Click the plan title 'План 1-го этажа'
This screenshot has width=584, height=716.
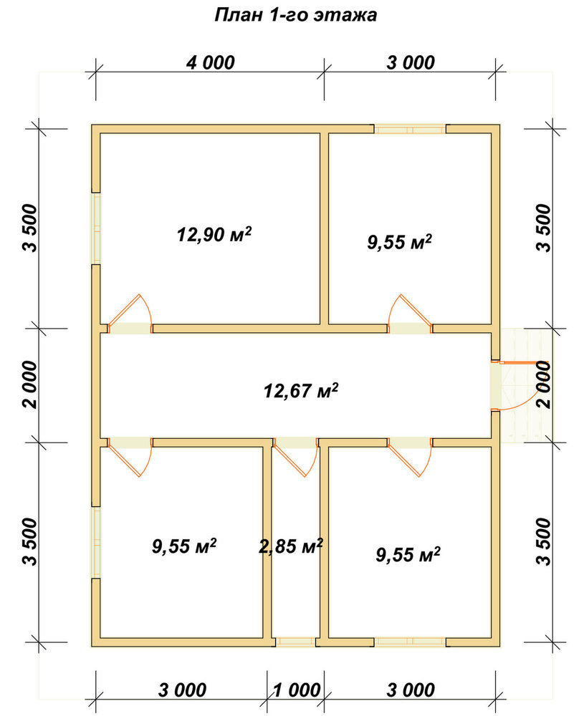(296, 15)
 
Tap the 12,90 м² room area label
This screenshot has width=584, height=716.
(214, 234)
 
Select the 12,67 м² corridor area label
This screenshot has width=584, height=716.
(301, 390)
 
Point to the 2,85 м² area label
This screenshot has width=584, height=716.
(291, 546)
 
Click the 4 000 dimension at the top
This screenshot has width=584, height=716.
(210, 62)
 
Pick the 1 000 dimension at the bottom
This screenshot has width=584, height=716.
(297, 690)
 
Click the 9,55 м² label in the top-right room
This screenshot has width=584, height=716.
(400, 241)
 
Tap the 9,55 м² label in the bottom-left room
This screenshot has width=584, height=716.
(184, 546)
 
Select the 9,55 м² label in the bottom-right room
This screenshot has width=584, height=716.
(408, 555)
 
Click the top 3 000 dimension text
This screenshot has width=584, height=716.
(411, 62)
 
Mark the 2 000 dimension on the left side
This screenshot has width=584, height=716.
(30, 384)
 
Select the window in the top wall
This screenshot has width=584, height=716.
(411, 129)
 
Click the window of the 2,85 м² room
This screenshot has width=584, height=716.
(296, 642)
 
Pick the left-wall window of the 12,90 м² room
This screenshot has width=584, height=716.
(96, 228)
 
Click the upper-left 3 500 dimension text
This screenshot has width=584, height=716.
(30, 228)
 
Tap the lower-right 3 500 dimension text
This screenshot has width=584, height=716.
(544, 541)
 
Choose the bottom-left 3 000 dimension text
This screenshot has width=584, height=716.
(182, 690)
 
